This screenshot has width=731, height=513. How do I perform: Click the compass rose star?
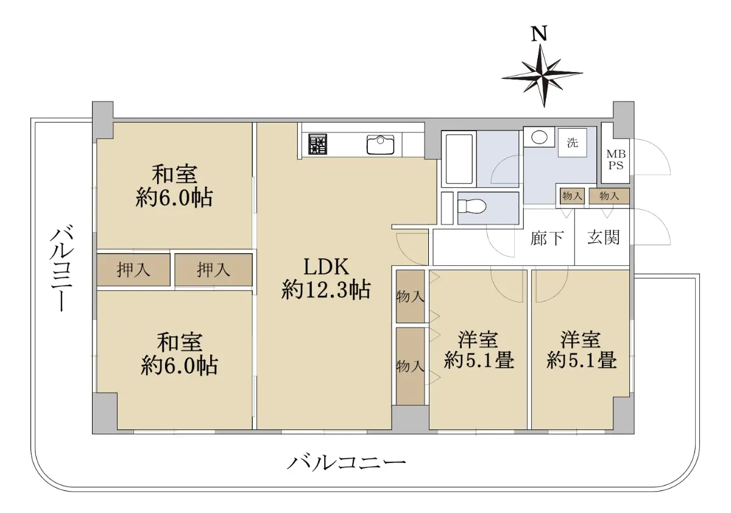(x=543, y=76)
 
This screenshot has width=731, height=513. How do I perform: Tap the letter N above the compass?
(x=539, y=34)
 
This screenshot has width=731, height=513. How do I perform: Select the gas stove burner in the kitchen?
(x=317, y=144)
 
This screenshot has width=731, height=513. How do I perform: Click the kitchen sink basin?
(x=381, y=145)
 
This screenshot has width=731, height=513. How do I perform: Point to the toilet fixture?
(x=472, y=206)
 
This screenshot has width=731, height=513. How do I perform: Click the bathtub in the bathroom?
(x=459, y=159)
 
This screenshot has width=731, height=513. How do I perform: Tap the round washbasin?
(x=539, y=137)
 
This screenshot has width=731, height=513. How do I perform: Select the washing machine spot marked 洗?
(x=572, y=143)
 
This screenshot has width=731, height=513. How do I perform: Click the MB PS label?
(x=616, y=160)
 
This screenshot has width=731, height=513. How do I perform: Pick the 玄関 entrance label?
(x=604, y=237)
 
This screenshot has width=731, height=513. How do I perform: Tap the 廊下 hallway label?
(x=547, y=239)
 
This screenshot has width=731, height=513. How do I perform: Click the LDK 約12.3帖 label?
(x=326, y=278)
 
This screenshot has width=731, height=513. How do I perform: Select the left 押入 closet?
(x=133, y=270)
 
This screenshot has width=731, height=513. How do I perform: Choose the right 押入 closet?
(x=213, y=270)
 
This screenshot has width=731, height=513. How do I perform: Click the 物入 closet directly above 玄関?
(x=609, y=196)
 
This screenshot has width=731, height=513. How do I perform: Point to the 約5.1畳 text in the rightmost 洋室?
(x=582, y=360)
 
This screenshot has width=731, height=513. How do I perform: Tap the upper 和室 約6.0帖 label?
(x=174, y=186)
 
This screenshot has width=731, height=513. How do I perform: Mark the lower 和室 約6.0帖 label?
(x=180, y=354)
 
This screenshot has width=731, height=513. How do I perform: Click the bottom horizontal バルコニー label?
(x=346, y=464)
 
